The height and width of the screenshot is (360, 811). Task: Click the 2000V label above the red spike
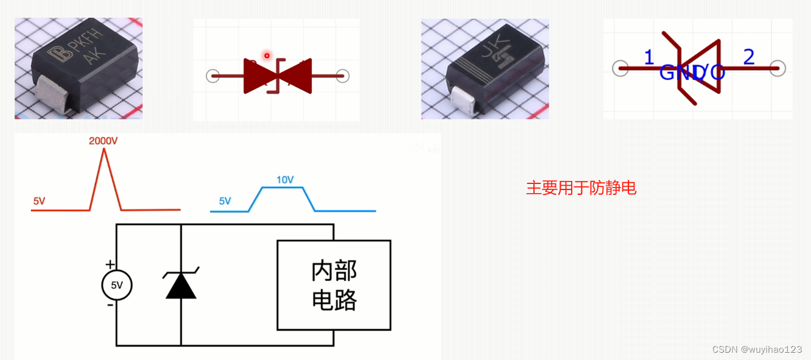pos(103,141)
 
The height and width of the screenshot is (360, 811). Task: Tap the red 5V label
pos(39,200)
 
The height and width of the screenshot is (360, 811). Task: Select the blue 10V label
pos(285,180)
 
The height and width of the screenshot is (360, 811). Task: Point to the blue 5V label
pos(225,200)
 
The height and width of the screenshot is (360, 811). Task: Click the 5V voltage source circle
pos(116,284)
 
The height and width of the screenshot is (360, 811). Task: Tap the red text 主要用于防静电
pos(581,188)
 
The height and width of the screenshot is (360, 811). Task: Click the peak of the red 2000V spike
pos(104,149)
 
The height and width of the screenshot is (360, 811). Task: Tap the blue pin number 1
pos(649,58)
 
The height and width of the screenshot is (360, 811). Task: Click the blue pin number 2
pos(749,57)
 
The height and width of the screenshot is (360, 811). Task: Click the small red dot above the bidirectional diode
pos(266,55)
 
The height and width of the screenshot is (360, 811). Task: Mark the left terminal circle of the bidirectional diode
pos(212,76)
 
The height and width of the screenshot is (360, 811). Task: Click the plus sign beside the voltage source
pos(110,264)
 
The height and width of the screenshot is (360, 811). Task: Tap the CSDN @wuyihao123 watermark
pos(757,349)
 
